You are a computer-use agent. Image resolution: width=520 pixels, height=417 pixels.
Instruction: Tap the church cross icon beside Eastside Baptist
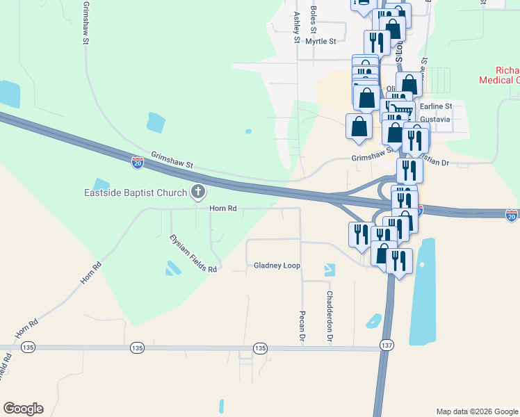pos(198,192)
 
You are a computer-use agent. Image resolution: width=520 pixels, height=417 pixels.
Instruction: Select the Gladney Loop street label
pos(277,265)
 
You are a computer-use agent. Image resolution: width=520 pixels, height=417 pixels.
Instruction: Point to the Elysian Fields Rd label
pos(193,253)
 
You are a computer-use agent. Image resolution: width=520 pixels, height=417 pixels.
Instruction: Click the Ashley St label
pos(297,27)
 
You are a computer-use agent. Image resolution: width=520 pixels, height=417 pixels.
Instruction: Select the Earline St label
pos(435,106)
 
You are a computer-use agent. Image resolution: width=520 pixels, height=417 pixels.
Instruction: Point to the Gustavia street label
pos(436,120)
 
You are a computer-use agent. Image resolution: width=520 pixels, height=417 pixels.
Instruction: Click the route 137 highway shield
pos(387,345)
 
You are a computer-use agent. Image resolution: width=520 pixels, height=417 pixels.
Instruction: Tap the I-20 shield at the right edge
pos(512,215)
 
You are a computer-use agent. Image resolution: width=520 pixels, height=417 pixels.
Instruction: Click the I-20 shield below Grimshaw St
pos(138,163)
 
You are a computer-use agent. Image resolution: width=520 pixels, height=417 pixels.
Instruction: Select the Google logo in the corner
pos(23,409)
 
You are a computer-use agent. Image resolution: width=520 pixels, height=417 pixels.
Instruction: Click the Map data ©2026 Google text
pos(477,411)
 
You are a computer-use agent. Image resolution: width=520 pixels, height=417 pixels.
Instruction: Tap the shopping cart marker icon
pos(401,108)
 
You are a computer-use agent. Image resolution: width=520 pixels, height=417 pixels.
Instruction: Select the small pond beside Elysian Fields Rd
pos(171,268)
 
